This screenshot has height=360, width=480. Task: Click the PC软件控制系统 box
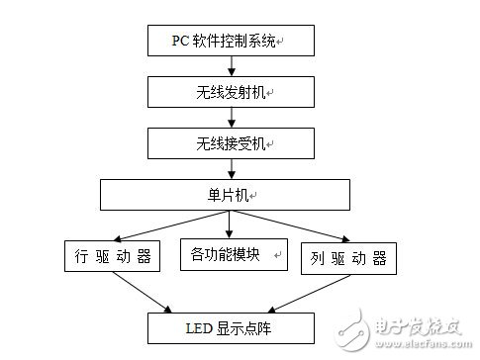click(231, 41)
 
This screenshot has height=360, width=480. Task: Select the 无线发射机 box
click(231, 92)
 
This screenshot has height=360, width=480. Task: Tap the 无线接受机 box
click(231, 143)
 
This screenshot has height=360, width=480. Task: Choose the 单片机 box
click(225, 195)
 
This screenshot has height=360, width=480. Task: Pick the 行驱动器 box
click(111, 258)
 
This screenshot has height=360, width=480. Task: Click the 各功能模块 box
click(232, 254)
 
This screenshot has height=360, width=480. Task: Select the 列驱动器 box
click(349, 258)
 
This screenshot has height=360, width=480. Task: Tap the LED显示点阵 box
click(232, 325)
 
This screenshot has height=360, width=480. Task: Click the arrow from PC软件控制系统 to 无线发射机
click(231, 66)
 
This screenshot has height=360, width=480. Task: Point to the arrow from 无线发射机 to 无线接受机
click(231, 118)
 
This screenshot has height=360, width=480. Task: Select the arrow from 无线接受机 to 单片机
click(231, 168)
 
